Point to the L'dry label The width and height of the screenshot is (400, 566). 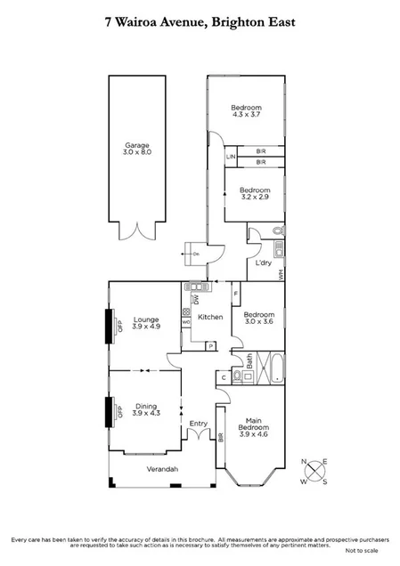pyautogui.click(x=263, y=264)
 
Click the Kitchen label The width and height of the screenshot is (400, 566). pyautogui.click(x=209, y=317)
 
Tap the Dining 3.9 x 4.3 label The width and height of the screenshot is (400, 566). pyautogui.click(x=145, y=410)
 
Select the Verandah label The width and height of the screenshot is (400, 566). pyautogui.click(x=162, y=469)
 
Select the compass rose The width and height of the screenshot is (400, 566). pyautogui.click(x=317, y=471)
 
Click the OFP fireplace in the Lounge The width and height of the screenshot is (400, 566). pyautogui.click(x=113, y=325)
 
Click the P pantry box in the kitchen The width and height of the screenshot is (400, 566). pyautogui.click(x=210, y=346)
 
